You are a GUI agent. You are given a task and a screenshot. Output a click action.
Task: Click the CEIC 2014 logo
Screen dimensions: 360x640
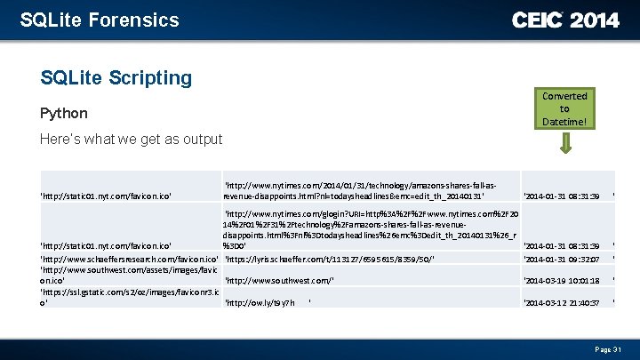565,20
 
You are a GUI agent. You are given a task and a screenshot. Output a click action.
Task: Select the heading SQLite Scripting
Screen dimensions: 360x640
116,78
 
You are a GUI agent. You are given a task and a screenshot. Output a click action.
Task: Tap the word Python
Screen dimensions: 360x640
64,113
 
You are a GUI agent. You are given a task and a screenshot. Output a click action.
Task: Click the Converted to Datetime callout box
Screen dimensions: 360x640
564,108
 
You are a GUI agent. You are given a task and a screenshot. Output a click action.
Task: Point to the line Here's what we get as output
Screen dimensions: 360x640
132,140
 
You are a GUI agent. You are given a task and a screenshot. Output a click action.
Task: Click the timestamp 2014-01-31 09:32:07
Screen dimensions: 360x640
563,260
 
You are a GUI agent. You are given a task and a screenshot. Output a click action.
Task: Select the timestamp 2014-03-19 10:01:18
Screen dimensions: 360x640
563,281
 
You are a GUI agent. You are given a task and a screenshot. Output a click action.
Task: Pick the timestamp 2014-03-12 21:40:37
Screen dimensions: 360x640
563,303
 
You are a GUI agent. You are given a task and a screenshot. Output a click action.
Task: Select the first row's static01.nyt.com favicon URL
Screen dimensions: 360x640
106,196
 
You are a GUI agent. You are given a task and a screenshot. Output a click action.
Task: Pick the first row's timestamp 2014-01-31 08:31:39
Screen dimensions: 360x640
563,196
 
